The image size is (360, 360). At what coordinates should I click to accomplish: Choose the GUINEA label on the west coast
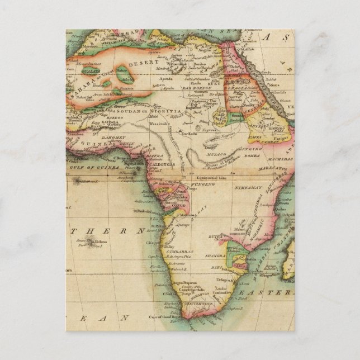tap(93, 143)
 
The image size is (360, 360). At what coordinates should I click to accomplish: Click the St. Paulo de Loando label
tap(146, 211)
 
